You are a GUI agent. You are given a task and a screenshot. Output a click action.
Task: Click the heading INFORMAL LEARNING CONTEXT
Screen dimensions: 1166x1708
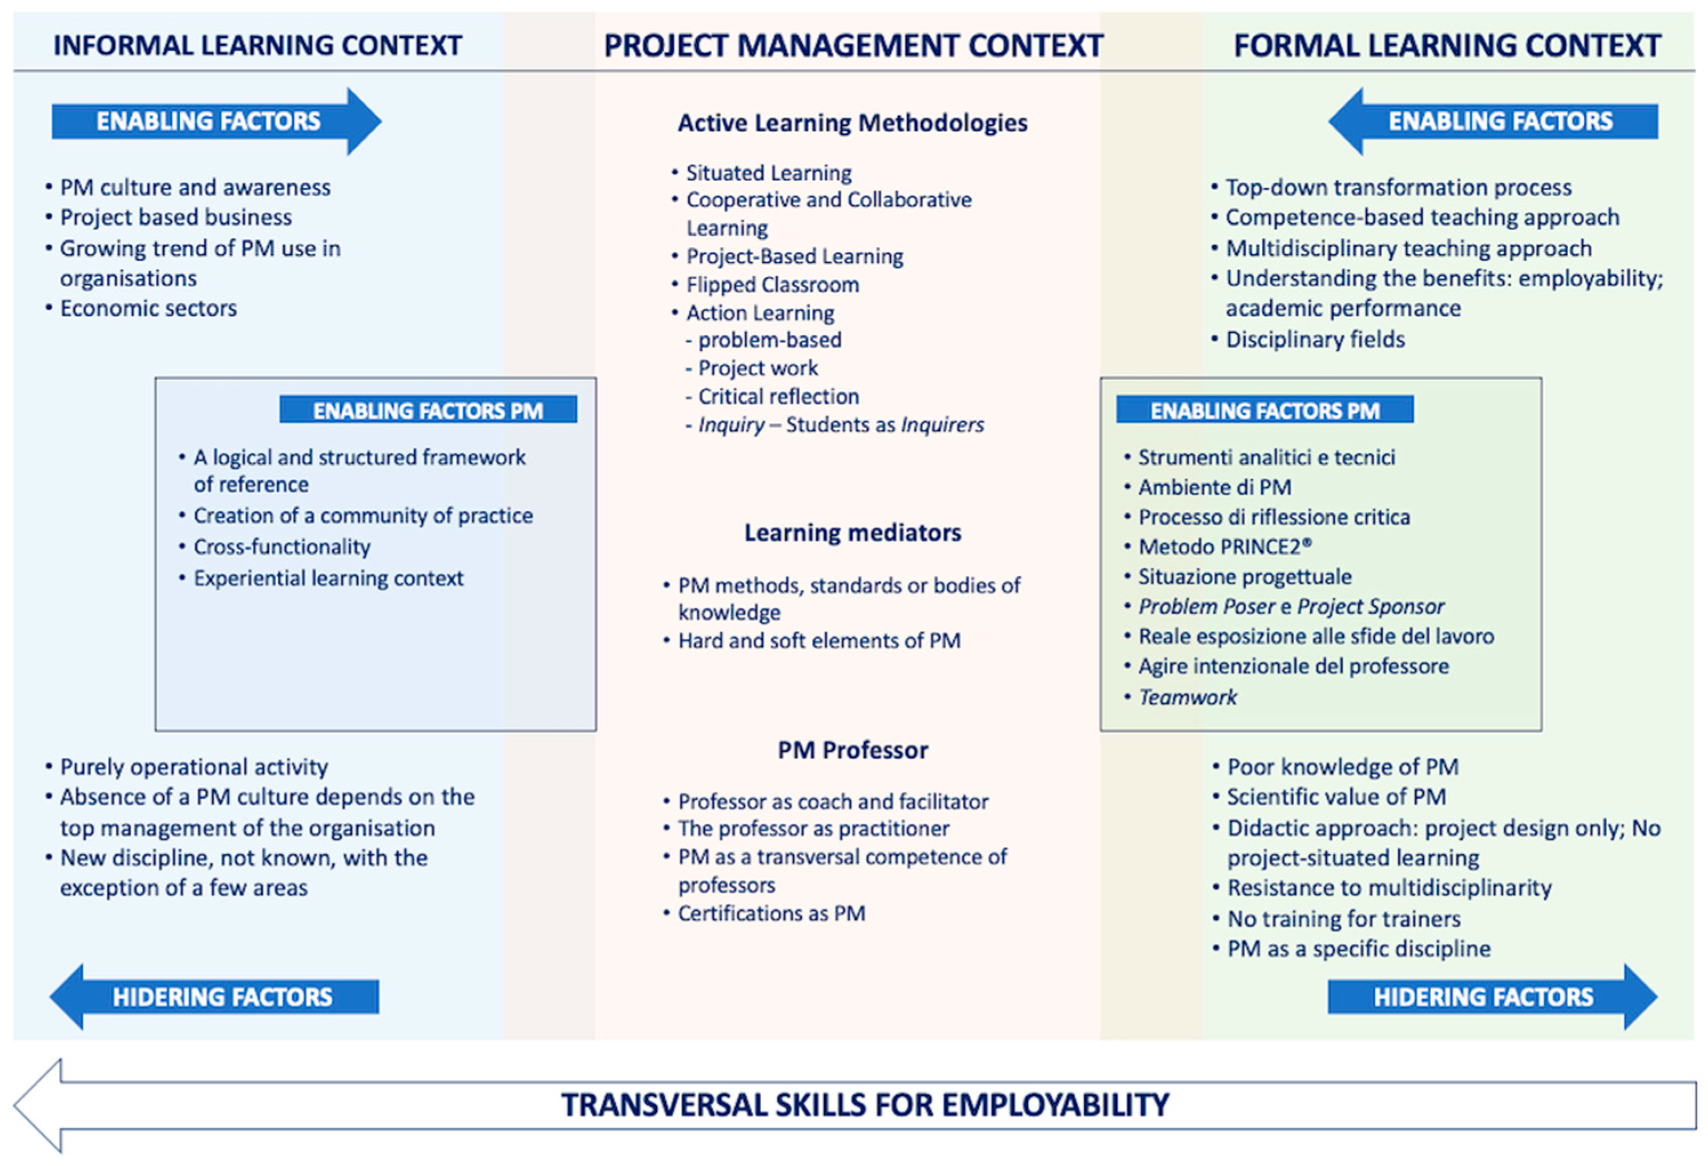click(257, 46)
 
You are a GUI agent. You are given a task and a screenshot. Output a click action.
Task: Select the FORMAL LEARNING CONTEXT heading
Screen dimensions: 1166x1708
click(1447, 46)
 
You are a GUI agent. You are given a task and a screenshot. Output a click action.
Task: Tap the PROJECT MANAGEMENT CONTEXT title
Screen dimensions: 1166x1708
click(853, 46)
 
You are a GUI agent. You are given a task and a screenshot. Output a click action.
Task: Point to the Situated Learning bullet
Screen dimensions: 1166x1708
click(768, 173)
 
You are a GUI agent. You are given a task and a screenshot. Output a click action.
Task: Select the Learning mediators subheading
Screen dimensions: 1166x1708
click(853, 532)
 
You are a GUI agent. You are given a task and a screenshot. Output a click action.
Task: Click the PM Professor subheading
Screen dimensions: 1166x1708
click(853, 750)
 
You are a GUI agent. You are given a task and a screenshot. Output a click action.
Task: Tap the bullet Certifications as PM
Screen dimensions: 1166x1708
click(771, 913)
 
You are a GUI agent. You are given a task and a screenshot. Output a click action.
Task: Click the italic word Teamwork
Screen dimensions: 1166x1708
click(1188, 697)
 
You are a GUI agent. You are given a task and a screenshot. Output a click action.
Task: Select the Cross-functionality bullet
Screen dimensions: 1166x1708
click(281, 547)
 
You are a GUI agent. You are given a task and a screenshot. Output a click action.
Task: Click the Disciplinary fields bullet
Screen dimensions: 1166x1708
click(1315, 339)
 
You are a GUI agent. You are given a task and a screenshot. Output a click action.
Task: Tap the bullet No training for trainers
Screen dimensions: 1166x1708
click(1343, 918)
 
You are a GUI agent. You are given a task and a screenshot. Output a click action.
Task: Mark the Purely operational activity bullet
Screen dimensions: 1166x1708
click(193, 767)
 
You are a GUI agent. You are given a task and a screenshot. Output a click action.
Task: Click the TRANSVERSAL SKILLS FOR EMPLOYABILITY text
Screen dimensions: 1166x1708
click(865, 1105)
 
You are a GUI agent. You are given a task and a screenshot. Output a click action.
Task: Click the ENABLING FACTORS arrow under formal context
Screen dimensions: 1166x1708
click(1499, 121)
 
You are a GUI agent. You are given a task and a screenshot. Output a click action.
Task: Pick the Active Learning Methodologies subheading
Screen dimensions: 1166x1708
click(853, 123)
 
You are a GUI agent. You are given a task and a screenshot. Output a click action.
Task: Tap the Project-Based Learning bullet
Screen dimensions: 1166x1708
click(794, 256)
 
